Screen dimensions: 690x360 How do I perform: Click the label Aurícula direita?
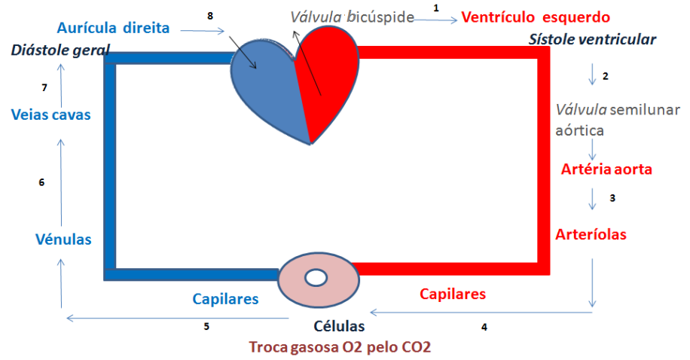point(113,28)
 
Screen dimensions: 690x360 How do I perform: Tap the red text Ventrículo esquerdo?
point(536,17)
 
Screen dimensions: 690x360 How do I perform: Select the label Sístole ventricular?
point(592,39)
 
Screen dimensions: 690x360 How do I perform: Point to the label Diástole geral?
point(60,50)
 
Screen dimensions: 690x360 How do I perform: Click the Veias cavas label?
point(51,114)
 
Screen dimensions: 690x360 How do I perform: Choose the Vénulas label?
point(63,239)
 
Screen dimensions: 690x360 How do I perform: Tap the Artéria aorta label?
point(606,169)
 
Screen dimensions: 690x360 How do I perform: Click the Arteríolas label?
point(591,234)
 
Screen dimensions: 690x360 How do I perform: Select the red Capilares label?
point(453,294)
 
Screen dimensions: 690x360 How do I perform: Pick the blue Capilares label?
point(225,299)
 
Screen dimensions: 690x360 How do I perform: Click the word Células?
point(339,326)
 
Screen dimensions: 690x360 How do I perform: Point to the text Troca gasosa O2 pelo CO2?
point(340,346)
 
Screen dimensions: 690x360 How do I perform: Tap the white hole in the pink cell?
point(316,278)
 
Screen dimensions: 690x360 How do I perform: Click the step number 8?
point(210,16)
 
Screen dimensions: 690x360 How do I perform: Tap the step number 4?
point(484,327)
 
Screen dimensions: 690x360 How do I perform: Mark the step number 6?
point(41,182)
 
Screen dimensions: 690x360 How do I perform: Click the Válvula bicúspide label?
point(352,17)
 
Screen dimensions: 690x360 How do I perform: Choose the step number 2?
point(606,76)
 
